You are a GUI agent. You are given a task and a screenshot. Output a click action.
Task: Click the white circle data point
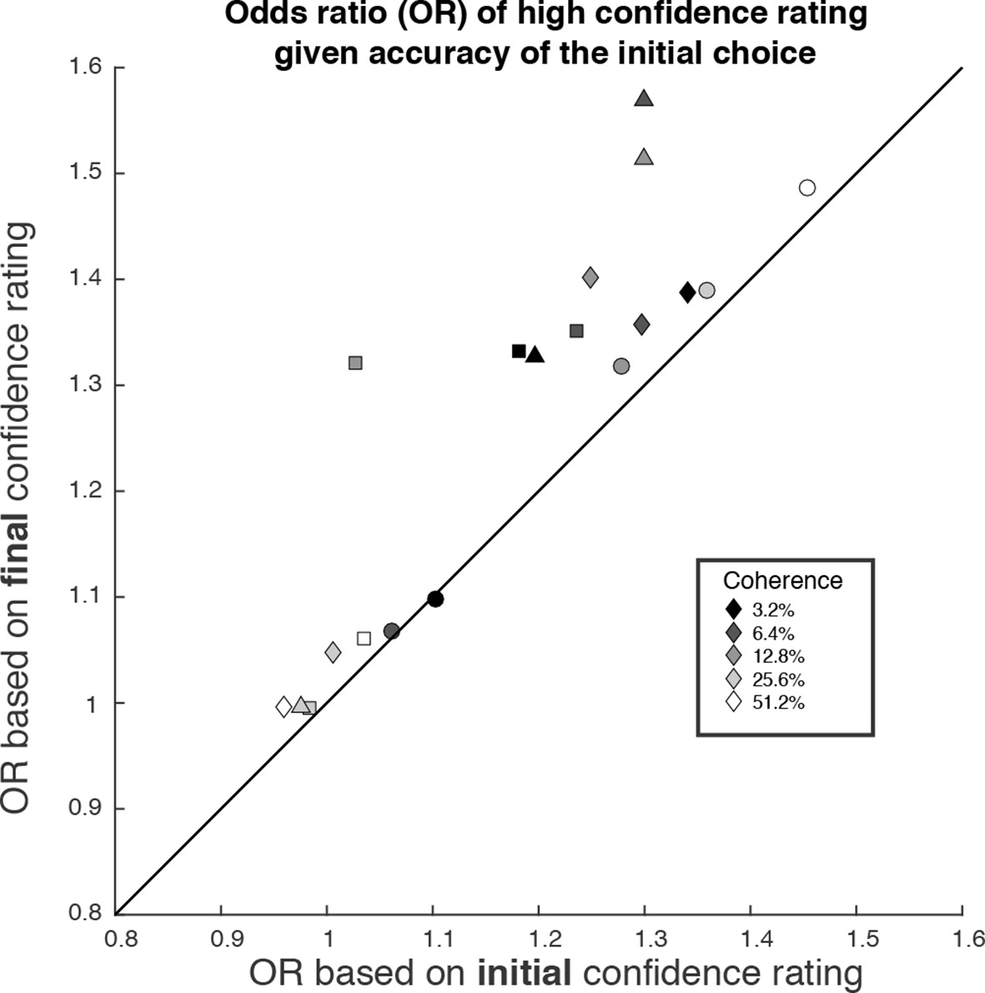coord(807,188)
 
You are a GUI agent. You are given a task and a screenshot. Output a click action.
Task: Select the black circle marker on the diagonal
coord(435,599)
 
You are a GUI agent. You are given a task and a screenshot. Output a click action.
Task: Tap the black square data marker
coord(519,351)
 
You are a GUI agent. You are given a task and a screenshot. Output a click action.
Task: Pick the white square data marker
coord(364,639)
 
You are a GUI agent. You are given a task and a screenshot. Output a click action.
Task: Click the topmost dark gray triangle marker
coord(643,98)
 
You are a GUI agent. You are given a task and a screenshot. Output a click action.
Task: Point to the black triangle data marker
coord(535,355)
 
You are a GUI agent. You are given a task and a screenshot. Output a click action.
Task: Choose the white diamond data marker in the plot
coord(284,707)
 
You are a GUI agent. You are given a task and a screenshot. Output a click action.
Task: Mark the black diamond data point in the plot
coord(687,292)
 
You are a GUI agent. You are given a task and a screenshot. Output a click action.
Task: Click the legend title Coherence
coord(782,580)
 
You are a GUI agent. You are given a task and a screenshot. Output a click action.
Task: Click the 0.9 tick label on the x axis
coord(221,938)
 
